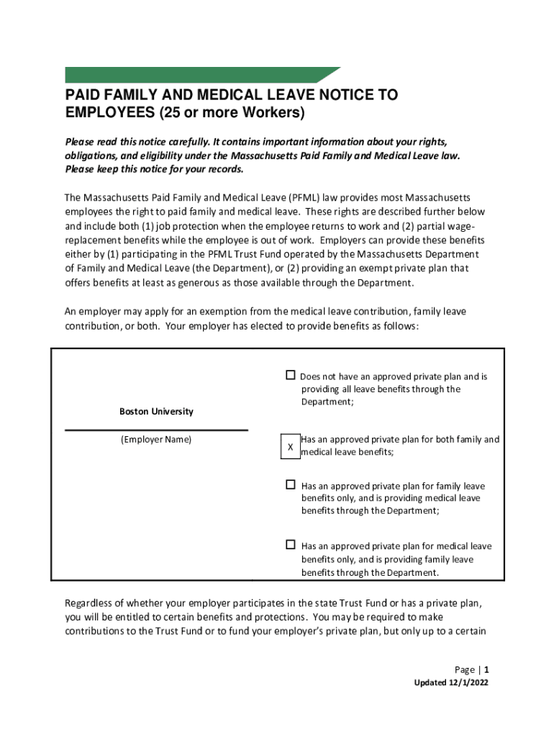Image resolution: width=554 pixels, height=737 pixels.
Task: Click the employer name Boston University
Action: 156,412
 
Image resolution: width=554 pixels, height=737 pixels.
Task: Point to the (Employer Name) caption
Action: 156,439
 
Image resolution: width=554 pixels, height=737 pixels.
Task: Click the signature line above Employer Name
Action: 156,430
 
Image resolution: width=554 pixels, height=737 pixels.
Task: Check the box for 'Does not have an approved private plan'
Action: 291,375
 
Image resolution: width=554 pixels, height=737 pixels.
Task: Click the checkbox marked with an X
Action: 290,447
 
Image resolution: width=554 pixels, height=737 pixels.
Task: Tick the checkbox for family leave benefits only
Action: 291,484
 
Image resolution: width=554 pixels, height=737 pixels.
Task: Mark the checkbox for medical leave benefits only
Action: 291,545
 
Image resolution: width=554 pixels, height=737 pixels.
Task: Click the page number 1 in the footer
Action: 487,669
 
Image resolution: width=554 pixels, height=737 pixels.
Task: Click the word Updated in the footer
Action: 425,683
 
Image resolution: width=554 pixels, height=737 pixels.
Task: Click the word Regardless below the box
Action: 91,602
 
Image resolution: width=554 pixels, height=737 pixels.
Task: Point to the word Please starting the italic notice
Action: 79,142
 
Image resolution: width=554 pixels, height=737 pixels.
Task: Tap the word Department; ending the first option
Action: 327,402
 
